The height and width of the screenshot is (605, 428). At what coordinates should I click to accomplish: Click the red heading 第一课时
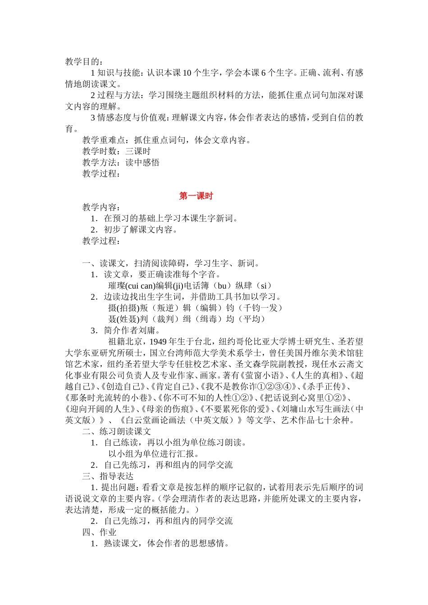[x=196, y=196]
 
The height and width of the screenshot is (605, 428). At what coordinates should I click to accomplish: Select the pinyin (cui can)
[x=140, y=286]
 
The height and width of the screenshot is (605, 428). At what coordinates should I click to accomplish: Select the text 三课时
[x=138, y=151]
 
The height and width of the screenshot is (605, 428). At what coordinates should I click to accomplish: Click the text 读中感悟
[x=142, y=163]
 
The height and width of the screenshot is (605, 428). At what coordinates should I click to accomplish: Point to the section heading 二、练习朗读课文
[x=117, y=431]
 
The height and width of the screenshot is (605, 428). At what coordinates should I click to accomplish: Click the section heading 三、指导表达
[x=108, y=476]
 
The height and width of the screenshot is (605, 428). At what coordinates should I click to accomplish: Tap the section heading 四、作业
[x=100, y=532]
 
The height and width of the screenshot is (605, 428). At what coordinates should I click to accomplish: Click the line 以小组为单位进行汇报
[x=154, y=454]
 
